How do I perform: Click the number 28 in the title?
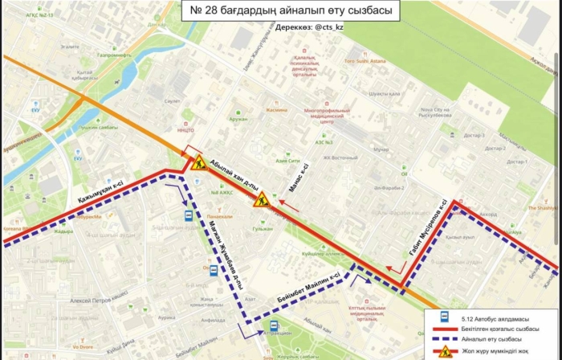pyautogui.click(x=212, y=10)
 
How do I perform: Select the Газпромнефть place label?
pyautogui.click(x=115, y=55)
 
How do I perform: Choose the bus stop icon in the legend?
pyautogui.click(x=442, y=317)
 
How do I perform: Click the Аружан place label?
pyautogui.click(x=238, y=119)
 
